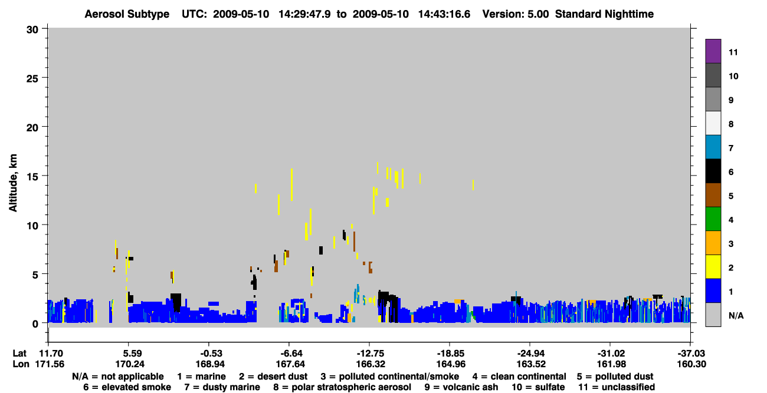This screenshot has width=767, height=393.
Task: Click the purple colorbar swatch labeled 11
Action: pyautogui.click(x=713, y=51)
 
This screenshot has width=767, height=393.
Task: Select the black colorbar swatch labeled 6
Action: pyautogui.click(x=713, y=171)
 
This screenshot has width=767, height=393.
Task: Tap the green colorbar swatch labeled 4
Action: pyautogui.click(x=713, y=219)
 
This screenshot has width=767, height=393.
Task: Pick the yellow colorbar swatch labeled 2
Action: pyautogui.click(x=713, y=267)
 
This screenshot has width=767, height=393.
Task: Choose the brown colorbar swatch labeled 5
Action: pyautogui.click(x=713, y=195)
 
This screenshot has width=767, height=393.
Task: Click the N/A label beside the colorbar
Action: pyautogui.click(x=736, y=316)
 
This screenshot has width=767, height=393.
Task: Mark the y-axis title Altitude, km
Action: pyautogui.click(x=12, y=183)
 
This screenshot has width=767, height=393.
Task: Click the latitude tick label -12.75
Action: pyautogui.click(x=370, y=354)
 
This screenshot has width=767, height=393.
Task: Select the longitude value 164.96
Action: pyautogui.click(x=451, y=364)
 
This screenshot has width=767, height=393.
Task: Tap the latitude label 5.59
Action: pyautogui.click(x=132, y=354)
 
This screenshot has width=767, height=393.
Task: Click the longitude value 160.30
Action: pyautogui.click(x=691, y=364)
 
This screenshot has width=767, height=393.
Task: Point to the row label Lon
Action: pyautogui.click(x=21, y=364)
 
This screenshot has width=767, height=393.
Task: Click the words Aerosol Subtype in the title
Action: pyautogui.click(x=127, y=14)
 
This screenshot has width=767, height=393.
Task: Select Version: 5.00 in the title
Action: pyautogui.click(x=515, y=14)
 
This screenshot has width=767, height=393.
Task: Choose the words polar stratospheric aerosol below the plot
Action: pyautogui.click(x=351, y=387)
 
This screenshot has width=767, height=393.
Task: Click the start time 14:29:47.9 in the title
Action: pyautogui.click(x=304, y=14)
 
